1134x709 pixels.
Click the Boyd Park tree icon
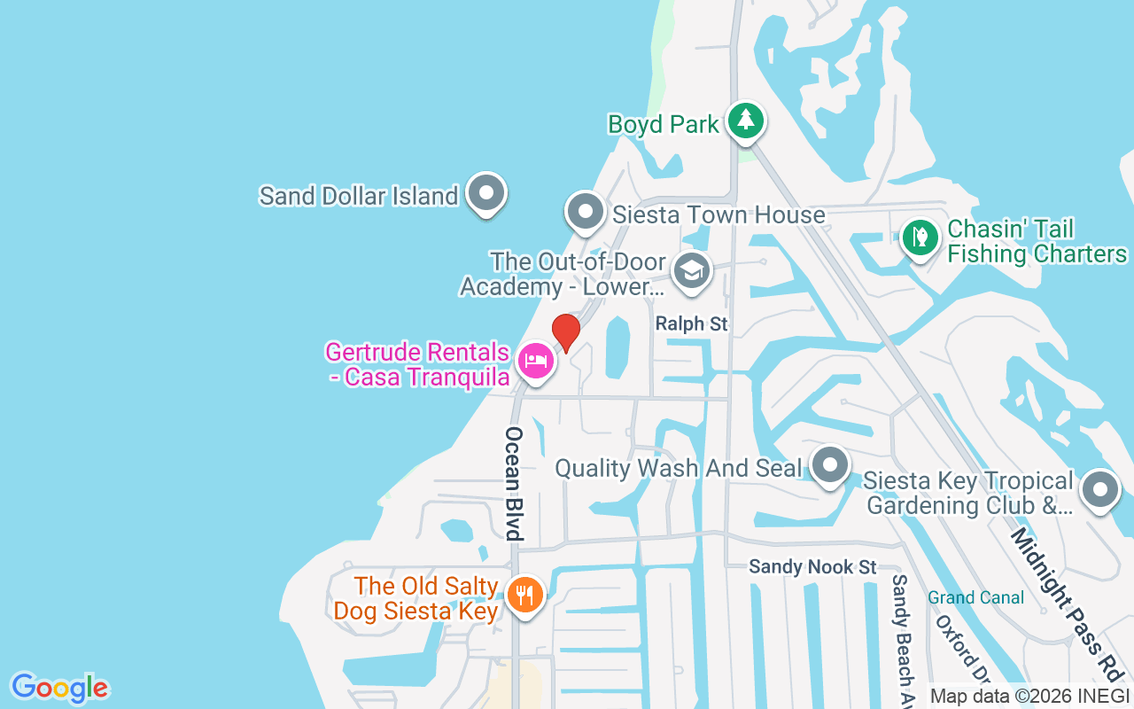coord(746,121)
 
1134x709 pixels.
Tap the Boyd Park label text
coord(664,124)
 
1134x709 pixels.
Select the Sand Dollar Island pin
coord(485,192)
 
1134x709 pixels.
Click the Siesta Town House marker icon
coord(585,211)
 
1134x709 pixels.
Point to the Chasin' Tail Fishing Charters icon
coord(920,238)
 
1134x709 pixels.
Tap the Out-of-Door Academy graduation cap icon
coord(692,270)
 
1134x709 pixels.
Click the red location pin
coord(566,332)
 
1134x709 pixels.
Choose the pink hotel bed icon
coord(536,361)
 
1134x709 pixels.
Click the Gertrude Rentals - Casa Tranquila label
coord(417,364)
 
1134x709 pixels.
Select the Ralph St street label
coord(692,324)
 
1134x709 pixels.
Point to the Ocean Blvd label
coord(515,483)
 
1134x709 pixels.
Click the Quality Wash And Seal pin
coord(830,465)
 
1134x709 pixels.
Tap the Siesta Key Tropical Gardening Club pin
coord(1100,489)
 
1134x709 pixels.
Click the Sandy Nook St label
coord(812,566)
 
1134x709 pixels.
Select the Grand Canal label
coord(975,598)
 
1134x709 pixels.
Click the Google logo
coord(59,688)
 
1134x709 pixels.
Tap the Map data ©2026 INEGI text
coord(1029,696)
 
